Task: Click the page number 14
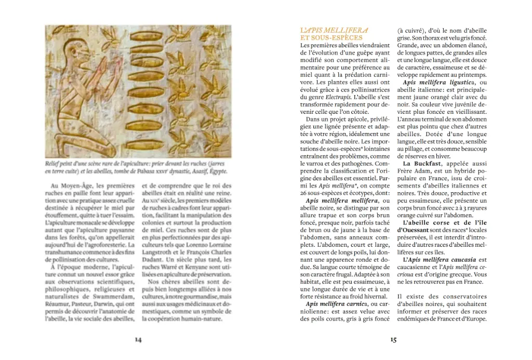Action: coord(138,340)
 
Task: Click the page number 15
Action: coord(393,340)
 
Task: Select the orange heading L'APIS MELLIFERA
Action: coord(334,31)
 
